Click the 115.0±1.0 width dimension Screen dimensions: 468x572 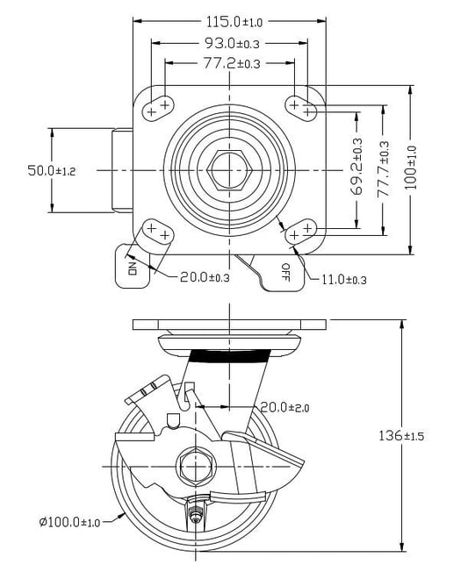[x=234, y=22]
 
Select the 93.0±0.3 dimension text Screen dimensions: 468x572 [x=232, y=43]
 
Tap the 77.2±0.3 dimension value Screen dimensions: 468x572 [x=232, y=63]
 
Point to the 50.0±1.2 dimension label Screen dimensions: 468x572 [x=52, y=170]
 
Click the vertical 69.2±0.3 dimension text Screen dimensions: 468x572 [x=356, y=166]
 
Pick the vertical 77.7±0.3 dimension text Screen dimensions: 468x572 [x=384, y=169]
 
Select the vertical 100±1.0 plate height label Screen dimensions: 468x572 [x=411, y=168]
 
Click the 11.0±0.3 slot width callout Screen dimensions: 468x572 [x=343, y=280]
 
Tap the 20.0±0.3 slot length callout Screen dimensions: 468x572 [x=205, y=277]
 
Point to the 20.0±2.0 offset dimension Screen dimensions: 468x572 [x=284, y=407]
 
